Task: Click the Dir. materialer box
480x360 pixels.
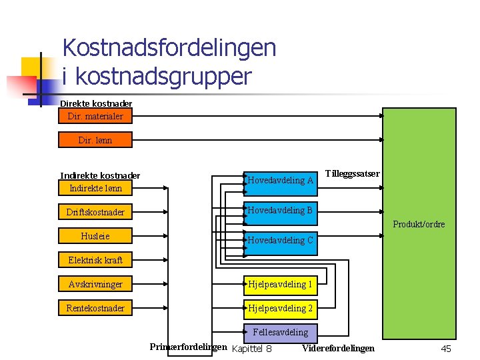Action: tap(95, 116)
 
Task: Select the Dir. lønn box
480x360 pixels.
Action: tap(95, 140)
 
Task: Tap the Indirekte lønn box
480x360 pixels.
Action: tap(95, 188)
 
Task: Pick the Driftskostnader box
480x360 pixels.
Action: tap(95, 213)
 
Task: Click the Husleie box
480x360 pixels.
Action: tap(95, 236)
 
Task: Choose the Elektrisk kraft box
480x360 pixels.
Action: tap(95, 260)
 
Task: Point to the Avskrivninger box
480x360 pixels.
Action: tap(95, 285)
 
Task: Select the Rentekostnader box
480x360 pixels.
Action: tap(95, 308)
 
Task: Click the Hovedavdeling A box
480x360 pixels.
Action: tap(281, 180)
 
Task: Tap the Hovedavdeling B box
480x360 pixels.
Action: tap(281, 211)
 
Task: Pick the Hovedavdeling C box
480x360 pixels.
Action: tap(281, 241)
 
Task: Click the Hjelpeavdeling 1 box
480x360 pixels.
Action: tap(281, 285)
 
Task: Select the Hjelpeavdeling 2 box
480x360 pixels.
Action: tap(281, 308)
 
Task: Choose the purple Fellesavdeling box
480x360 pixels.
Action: tap(281, 332)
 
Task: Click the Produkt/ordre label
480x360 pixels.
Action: tap(419, 224)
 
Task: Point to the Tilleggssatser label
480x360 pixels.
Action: tap(353, 173)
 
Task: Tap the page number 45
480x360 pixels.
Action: tap(446, 349)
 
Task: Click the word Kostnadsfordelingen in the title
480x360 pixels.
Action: tap(169, 48)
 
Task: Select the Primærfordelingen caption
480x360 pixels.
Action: tap(188, 347)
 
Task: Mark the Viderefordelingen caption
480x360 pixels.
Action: tap(338, 348)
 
